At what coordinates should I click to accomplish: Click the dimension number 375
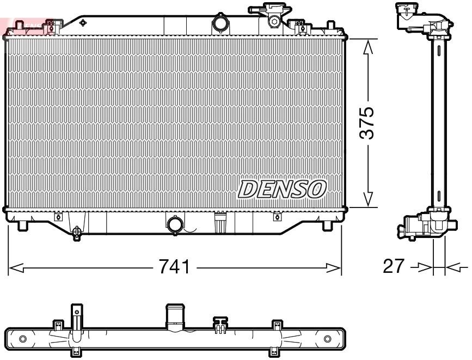point(369,123)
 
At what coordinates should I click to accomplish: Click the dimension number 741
point(174,267)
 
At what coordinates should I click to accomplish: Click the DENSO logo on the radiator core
point(282,188)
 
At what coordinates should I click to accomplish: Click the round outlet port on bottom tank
point(175,224)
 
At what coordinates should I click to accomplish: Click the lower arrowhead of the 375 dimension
point(369,200)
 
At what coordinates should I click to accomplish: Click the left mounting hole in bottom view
point(22,339)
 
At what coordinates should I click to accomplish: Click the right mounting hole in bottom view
point(327,339)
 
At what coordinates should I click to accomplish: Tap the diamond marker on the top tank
point(83,23)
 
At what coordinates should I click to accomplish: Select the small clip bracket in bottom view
point(220,325)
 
